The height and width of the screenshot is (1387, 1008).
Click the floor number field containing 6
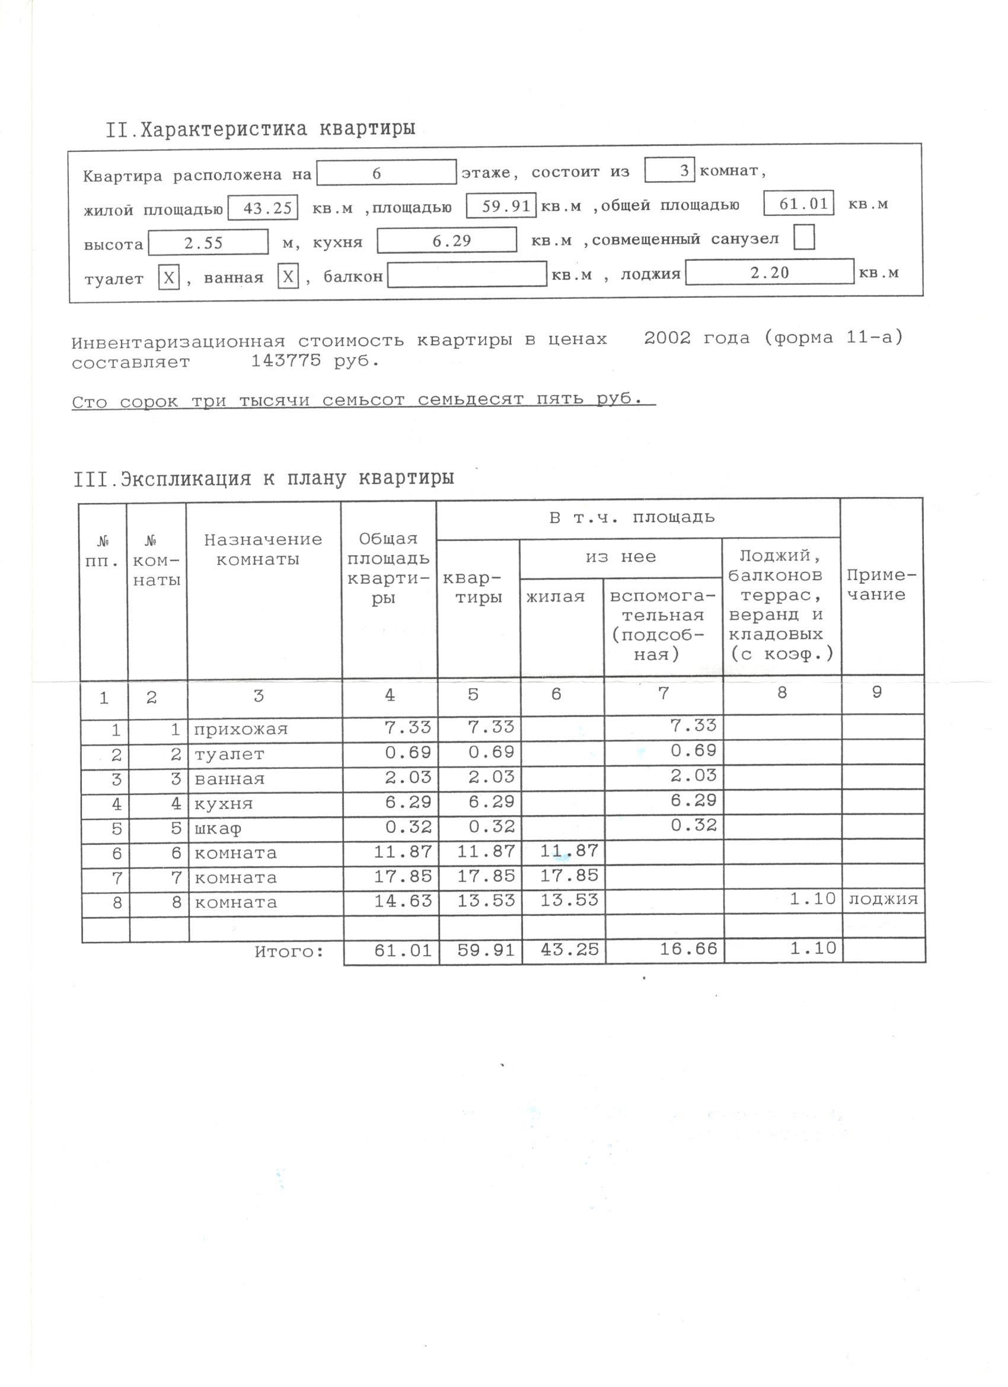coord(386,173)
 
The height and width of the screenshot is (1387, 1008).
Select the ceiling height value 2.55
coord(208,243)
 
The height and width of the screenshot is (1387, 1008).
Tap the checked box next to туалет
coord(169,278)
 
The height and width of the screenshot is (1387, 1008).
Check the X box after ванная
coord(288,277)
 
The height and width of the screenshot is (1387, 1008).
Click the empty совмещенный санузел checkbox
coord(804,238)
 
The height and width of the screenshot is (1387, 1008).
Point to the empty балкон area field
coord(467,275)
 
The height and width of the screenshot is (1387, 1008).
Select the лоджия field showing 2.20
coord(769,273)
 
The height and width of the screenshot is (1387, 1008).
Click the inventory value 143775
coord(285,361)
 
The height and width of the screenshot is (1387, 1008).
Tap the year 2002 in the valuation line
coord(667,338)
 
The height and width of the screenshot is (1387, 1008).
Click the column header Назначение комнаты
coord(263,549)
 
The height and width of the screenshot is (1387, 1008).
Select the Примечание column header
coord(882,585)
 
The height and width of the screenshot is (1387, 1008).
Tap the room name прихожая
coord(240,730)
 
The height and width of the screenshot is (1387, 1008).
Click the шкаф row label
coord(217,829)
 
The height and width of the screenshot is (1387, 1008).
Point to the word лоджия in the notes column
coord(883,899)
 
